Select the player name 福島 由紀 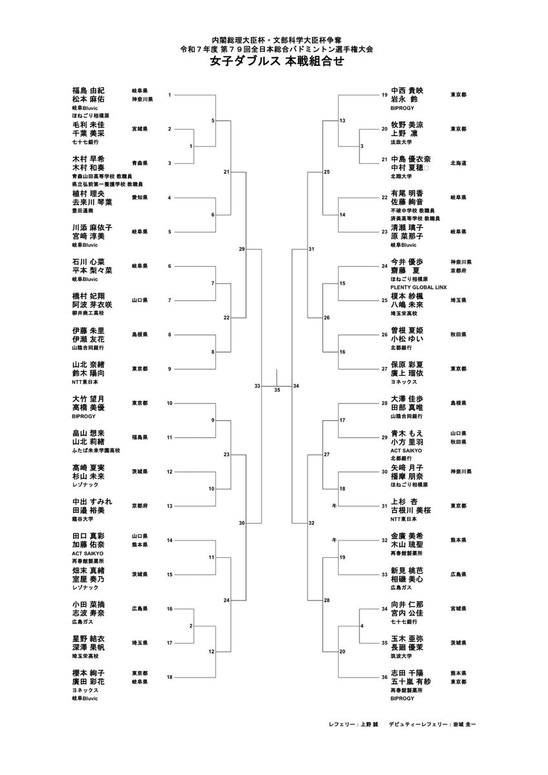(x=89, y=90)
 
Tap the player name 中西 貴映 (x=407, y=90)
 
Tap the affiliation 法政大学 (x=401, y=141)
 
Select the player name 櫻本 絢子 (x=89, y=673)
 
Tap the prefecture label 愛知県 (x=140, y=198)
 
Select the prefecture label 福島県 (x=140, y=437)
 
